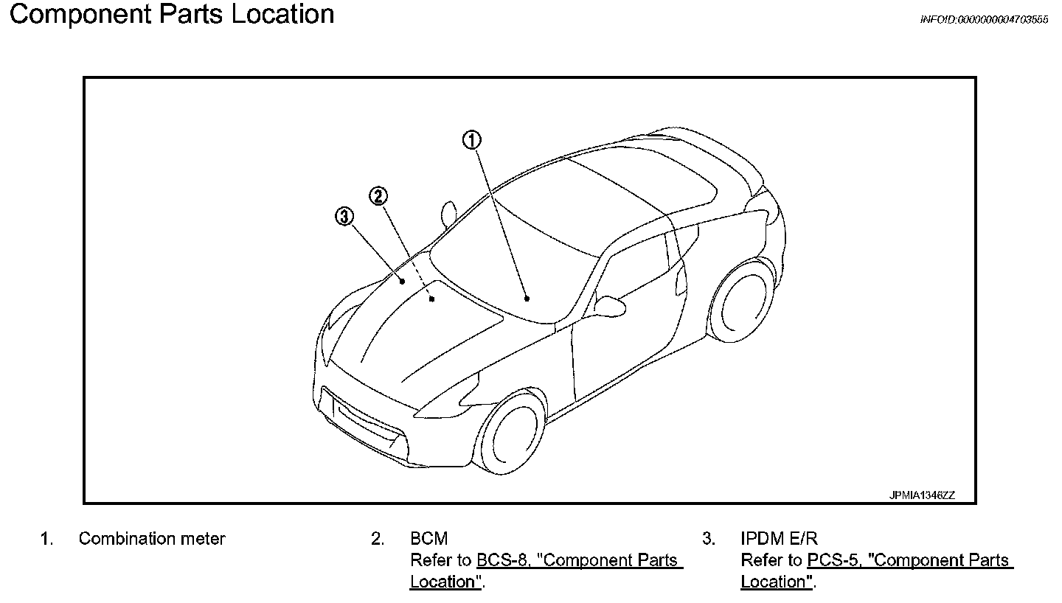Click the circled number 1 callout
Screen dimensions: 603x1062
click(x=472, y=140)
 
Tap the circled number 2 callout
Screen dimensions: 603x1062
click(x=378, y=195)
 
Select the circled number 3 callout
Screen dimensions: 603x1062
click(x=344, y=216)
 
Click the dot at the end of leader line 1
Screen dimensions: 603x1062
click(x=527, y=299)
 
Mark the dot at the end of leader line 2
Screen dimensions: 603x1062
click(x=431, y=299)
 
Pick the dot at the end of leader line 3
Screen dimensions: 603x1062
click(x=403, y=281)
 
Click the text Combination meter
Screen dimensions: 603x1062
click(x=152, y=539)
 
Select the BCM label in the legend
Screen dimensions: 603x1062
click(x=428, y=539)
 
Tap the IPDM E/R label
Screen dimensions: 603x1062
click(x=779, y=539)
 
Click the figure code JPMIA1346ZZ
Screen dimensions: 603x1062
click(x=922, y=495)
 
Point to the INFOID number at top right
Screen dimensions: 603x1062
click(x=984, y=20)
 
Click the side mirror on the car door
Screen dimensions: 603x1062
click(x=610, y=304)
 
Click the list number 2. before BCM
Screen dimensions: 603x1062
click(x=378, y=539)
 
